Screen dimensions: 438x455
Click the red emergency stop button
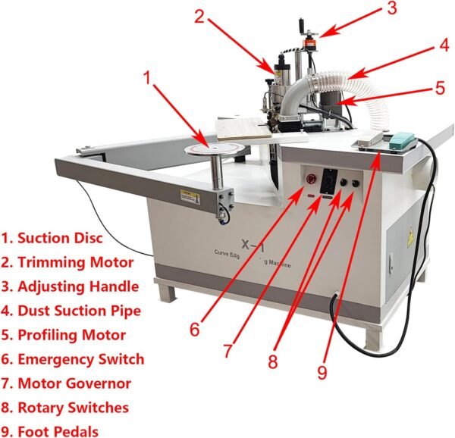pos(309,180)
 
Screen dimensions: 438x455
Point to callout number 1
pos(149,77)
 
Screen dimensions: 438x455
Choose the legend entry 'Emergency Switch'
pos(73,358)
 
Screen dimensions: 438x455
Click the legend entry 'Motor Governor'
pos(70,383)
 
